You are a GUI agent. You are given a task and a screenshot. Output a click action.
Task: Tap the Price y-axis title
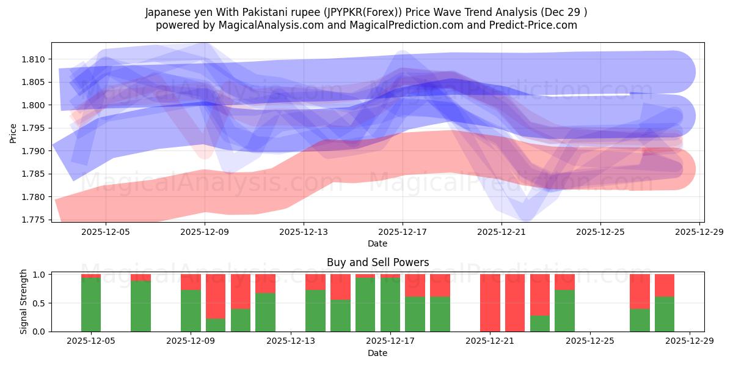pos(13,133)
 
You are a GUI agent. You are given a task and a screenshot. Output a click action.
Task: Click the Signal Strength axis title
pos(24,302)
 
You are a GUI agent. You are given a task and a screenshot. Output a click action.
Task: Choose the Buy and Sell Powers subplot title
pos(377,262)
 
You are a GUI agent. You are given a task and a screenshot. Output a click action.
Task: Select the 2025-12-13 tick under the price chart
pos(304,232)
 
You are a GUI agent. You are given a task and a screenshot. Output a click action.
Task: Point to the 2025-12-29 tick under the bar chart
pos(690,342)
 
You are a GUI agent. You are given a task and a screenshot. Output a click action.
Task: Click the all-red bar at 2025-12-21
pos(490,303)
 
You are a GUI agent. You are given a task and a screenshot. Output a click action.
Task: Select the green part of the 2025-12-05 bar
pos(91,305)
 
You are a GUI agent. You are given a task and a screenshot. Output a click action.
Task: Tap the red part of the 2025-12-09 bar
pos(191,281)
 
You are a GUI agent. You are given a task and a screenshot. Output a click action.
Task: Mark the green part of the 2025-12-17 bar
pos(390,305)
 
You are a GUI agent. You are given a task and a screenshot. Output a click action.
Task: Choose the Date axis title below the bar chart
pos(377,353)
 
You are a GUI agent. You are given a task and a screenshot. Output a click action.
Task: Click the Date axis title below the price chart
pos(377,244)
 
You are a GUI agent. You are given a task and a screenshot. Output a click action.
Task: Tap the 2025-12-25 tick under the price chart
pos(600,232)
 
